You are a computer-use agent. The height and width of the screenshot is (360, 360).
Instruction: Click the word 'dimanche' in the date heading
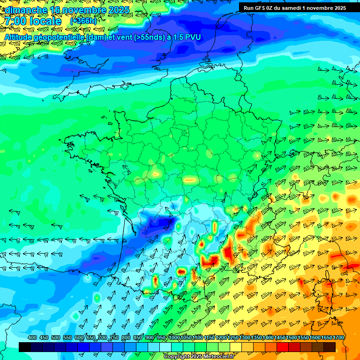(26, 9)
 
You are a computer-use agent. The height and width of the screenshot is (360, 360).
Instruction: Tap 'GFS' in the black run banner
(260, 7)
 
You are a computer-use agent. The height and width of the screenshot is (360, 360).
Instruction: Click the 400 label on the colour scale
(32, 338)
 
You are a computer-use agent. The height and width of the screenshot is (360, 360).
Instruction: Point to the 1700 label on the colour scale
(327, 338)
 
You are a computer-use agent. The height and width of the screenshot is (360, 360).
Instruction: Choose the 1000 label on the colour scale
(174, 338)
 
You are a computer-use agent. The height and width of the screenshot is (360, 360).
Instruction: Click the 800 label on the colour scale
(126, 338)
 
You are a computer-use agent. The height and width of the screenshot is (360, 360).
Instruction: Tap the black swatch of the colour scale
(25, 347)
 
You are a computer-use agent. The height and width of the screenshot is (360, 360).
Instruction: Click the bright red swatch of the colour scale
(283, 347)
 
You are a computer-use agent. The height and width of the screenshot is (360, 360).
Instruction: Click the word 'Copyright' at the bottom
(177, 357)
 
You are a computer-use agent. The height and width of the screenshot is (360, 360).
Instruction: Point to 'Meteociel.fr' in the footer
(218, 357)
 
